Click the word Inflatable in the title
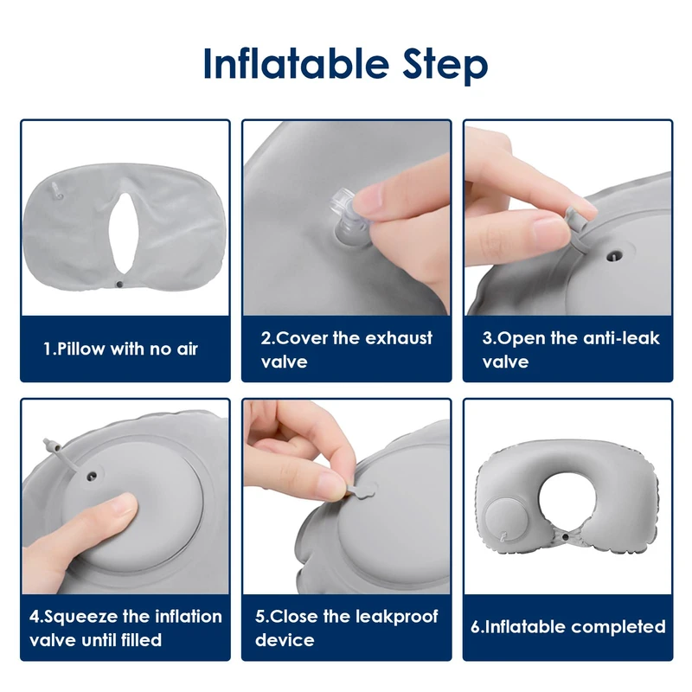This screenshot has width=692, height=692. click(x=296, y=63)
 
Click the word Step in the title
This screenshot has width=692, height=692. click(x=445, y=67)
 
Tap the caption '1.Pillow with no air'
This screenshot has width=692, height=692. click(x=120, y=349)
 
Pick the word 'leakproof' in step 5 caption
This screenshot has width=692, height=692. click(x=396, y=617)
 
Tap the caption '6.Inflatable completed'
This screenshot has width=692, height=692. click(x=568, y=626)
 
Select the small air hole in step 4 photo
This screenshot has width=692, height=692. click(x=93, y=477)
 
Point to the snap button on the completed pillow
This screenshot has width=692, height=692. click(x=566, y=537)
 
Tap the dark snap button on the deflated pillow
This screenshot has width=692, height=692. click(x=119, y=285)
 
